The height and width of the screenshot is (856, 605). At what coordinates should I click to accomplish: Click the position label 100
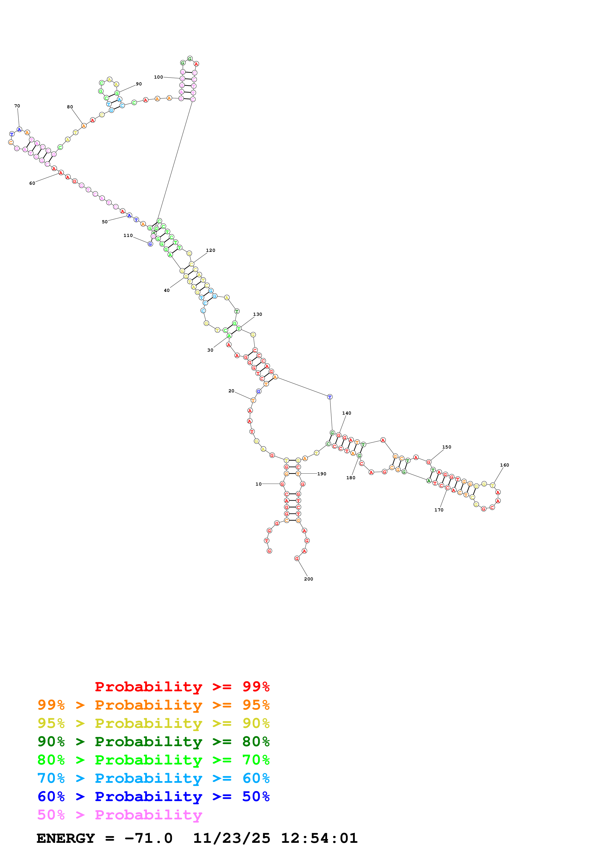pos(158,77)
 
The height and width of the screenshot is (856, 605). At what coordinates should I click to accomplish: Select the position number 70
pos(17,106)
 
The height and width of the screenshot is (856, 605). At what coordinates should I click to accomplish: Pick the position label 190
pos(321,474)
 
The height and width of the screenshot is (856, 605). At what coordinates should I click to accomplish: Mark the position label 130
pos(257,314)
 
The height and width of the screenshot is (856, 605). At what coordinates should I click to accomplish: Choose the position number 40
pos(167,290)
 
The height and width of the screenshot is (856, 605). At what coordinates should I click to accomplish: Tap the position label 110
pos(128,236)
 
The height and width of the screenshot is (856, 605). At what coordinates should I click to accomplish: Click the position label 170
pos(439,510)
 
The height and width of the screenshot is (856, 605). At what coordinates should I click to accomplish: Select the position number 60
pos(32,183)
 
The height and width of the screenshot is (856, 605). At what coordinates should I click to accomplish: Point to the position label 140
pos(346,413)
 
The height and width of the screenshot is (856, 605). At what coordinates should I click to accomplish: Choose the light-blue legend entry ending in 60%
pos(153,778)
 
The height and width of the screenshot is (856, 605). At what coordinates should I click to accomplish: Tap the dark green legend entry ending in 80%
pos(153,742)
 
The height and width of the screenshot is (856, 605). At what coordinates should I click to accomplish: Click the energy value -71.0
pos(148,838)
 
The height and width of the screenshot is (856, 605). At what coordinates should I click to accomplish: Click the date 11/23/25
pos(232,838)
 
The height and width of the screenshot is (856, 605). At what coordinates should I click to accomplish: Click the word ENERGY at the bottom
pos(66,838)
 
